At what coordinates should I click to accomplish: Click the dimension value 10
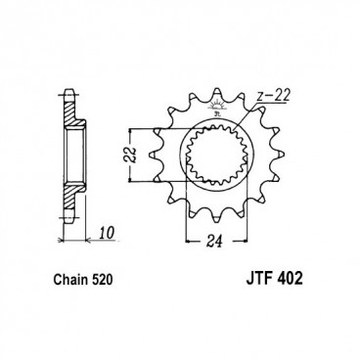[x=107, y=233]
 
